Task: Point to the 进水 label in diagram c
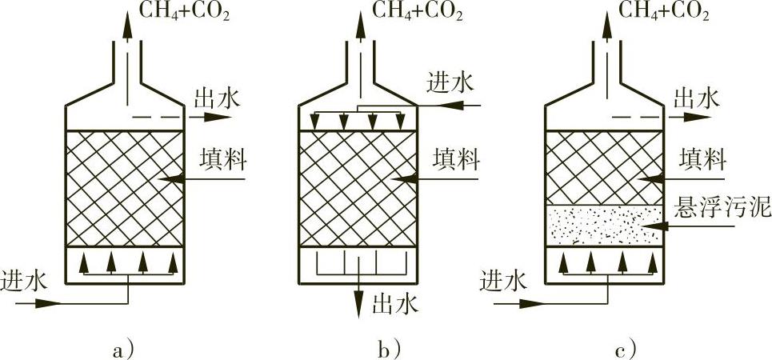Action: tap(502, 281)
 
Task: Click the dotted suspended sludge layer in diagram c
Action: tap(604, 226)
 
